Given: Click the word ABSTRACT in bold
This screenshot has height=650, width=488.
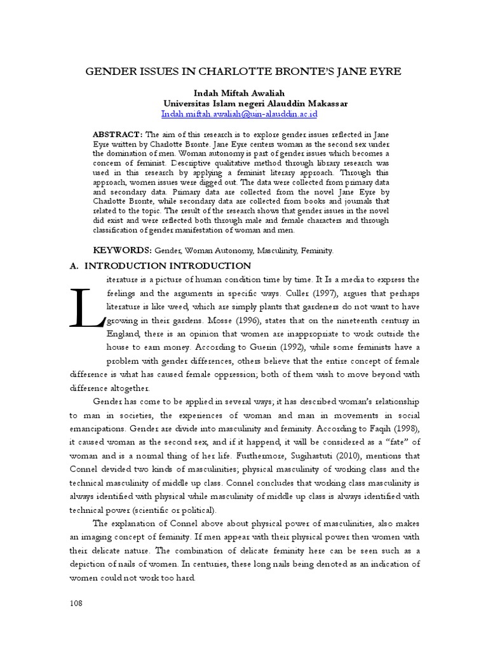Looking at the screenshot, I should (118, 135).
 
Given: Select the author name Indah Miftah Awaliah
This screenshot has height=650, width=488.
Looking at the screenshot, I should (243, 93).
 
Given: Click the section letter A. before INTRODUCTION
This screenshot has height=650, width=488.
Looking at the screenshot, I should (74, 265).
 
